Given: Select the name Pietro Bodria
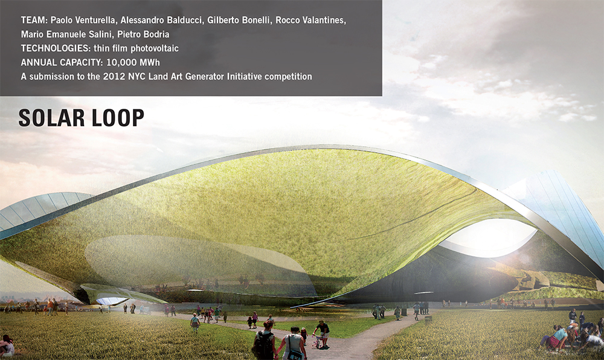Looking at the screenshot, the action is (x=143, y=34).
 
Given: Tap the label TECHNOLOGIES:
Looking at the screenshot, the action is (x=56, y=48).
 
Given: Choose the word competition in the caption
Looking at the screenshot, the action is (x=288, y=77).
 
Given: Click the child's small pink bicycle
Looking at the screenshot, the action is (x=318, y=341).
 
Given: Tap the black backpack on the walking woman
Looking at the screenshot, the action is (x=264, y=345).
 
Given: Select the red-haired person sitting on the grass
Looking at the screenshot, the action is (x=7, y=345).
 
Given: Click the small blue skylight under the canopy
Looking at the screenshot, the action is (x=111, y=300).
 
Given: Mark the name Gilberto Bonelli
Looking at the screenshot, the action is (x=239, y=20).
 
